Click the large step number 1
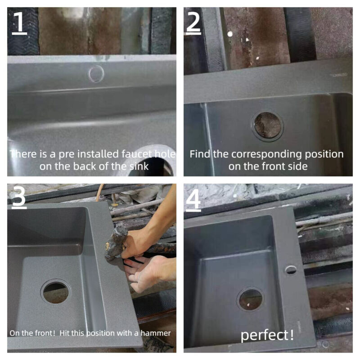(19, 23)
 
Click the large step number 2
(193, 22)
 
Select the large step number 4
(193, 199)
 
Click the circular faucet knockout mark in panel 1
(96, 73)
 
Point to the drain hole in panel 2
(267, 126)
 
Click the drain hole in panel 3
(56, 292)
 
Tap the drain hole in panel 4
(250, 299)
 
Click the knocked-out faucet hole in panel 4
(291, 270)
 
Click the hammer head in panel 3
(117, 243)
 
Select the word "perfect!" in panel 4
(267, 335)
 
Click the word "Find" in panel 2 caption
(200, 154)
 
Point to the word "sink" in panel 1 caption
(139, 166)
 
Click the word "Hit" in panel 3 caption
(64, 333)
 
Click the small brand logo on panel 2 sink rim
(339, 75)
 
